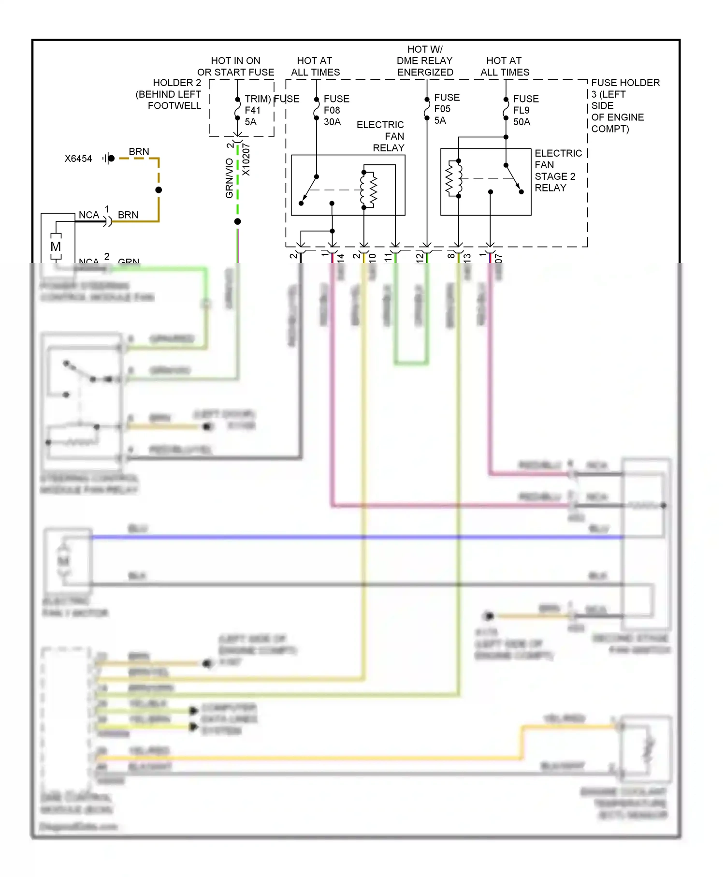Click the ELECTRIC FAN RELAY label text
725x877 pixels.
tap(382, 136)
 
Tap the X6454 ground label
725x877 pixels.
tap(78, 159)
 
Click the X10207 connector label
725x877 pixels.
tap(246, 160)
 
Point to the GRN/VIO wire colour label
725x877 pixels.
tap(229, 178)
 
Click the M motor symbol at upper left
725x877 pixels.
tap(56, 246)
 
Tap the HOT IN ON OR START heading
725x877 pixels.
tap(235, 66)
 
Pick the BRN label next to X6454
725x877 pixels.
tap(139, 151)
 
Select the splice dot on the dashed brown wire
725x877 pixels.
tap(159, 190)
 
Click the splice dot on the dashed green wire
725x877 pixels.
tap(237, 221)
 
